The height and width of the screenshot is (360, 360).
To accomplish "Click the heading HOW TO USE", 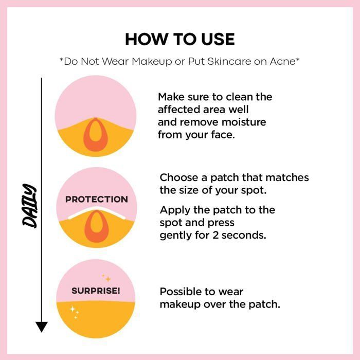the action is (x=180, y=39).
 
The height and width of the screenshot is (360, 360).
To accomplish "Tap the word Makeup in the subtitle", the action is (x=152, y=62).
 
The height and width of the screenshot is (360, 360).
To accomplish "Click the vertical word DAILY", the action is (x=29, y=206).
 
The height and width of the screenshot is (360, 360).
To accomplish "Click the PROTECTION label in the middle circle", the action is (x=97, y=200).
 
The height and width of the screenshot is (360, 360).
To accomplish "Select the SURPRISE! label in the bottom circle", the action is (x=96, y=291).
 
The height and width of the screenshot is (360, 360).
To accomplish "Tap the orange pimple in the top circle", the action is (x=96, y=135).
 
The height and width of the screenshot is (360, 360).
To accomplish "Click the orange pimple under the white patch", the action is (x=97, y=226).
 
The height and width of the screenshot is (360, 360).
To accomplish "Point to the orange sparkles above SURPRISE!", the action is (x=106, y=278).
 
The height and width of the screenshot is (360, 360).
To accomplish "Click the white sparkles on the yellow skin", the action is (x=75, y=312).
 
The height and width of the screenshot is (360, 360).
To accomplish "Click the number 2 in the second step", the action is (x=215, y=235).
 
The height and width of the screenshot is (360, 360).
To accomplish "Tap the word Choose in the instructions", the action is (x=179, y=177).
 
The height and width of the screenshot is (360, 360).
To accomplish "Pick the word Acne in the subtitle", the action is (x=283, y=61).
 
